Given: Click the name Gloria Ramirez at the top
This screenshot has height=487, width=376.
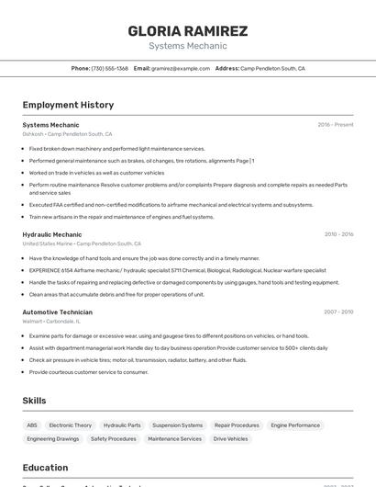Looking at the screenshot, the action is (188, 31).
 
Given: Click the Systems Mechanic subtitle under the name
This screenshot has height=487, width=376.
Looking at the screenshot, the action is (188, 46).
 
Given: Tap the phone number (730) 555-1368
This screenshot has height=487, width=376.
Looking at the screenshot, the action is (109, 68).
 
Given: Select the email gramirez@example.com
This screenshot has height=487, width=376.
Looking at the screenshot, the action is (181, 68).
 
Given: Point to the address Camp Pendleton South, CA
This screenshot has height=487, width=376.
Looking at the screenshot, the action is (272, 68).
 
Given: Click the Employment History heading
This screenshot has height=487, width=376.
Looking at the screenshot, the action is (68, 105).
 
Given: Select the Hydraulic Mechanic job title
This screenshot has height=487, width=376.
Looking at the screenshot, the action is (52, 234).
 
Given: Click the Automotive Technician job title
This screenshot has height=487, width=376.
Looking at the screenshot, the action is (58, 312).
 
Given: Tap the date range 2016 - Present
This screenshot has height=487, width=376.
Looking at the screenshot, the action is (335, 125).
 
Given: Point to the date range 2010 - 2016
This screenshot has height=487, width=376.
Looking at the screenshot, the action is (338, 234).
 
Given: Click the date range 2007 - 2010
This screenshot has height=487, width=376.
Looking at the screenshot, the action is (338, 312).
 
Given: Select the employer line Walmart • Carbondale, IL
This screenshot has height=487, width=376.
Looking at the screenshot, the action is (51, 322).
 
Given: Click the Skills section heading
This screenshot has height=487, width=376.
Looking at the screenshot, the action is (34, 401).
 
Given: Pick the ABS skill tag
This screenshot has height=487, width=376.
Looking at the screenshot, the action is (32, 425).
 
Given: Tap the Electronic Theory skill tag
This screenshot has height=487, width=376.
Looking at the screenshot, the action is (71, 425).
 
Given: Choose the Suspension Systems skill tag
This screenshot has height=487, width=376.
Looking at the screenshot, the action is (177, 425).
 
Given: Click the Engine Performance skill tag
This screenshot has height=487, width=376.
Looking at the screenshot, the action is (295, 425).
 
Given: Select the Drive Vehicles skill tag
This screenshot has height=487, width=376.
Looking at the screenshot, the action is (231, 439).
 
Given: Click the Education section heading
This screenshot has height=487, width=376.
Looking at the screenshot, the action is (45, 468).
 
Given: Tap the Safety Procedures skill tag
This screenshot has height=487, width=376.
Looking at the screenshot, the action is (113, 439).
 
